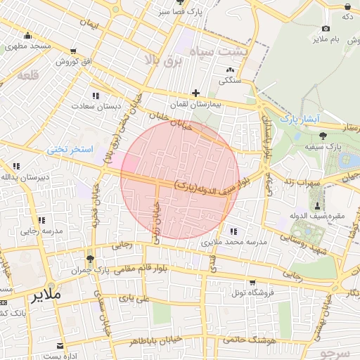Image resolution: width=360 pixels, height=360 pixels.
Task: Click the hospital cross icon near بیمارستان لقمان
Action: click(195, 93)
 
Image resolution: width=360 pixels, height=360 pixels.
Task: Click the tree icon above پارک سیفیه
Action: click(323, 136)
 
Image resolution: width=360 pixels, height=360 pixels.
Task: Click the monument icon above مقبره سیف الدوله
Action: click(319, 206)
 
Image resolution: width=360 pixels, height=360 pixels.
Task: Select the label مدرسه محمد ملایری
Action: click(234, 241)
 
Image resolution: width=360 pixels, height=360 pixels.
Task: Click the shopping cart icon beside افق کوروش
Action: click(74, 51)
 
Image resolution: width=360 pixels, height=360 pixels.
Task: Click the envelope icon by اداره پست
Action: click(61, 346)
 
